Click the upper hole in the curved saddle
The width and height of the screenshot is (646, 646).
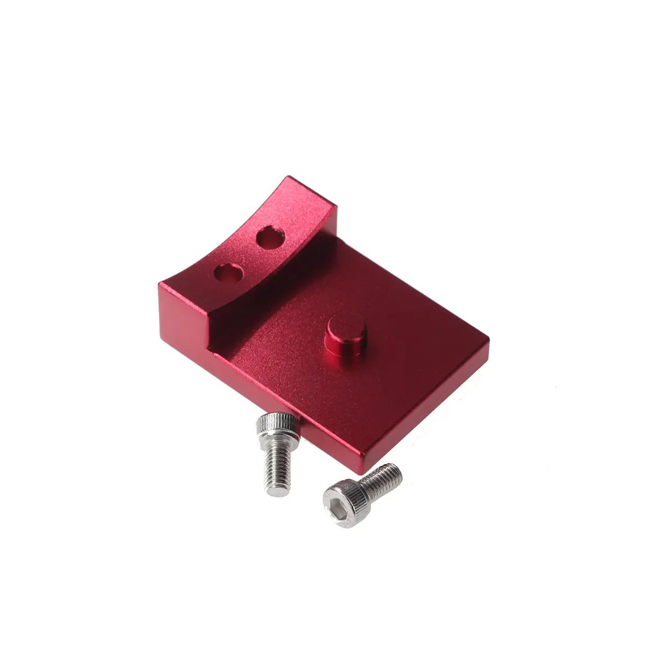point(270,237)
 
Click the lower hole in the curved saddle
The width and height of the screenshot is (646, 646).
point(228,273)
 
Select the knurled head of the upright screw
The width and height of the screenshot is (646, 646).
point(277,425)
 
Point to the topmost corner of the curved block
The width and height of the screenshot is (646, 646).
point(289,178)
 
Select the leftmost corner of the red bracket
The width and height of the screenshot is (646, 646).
point(160,285)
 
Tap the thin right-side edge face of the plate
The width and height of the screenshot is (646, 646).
point(431,409)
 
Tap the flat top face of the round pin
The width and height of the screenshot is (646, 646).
point(346,325)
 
